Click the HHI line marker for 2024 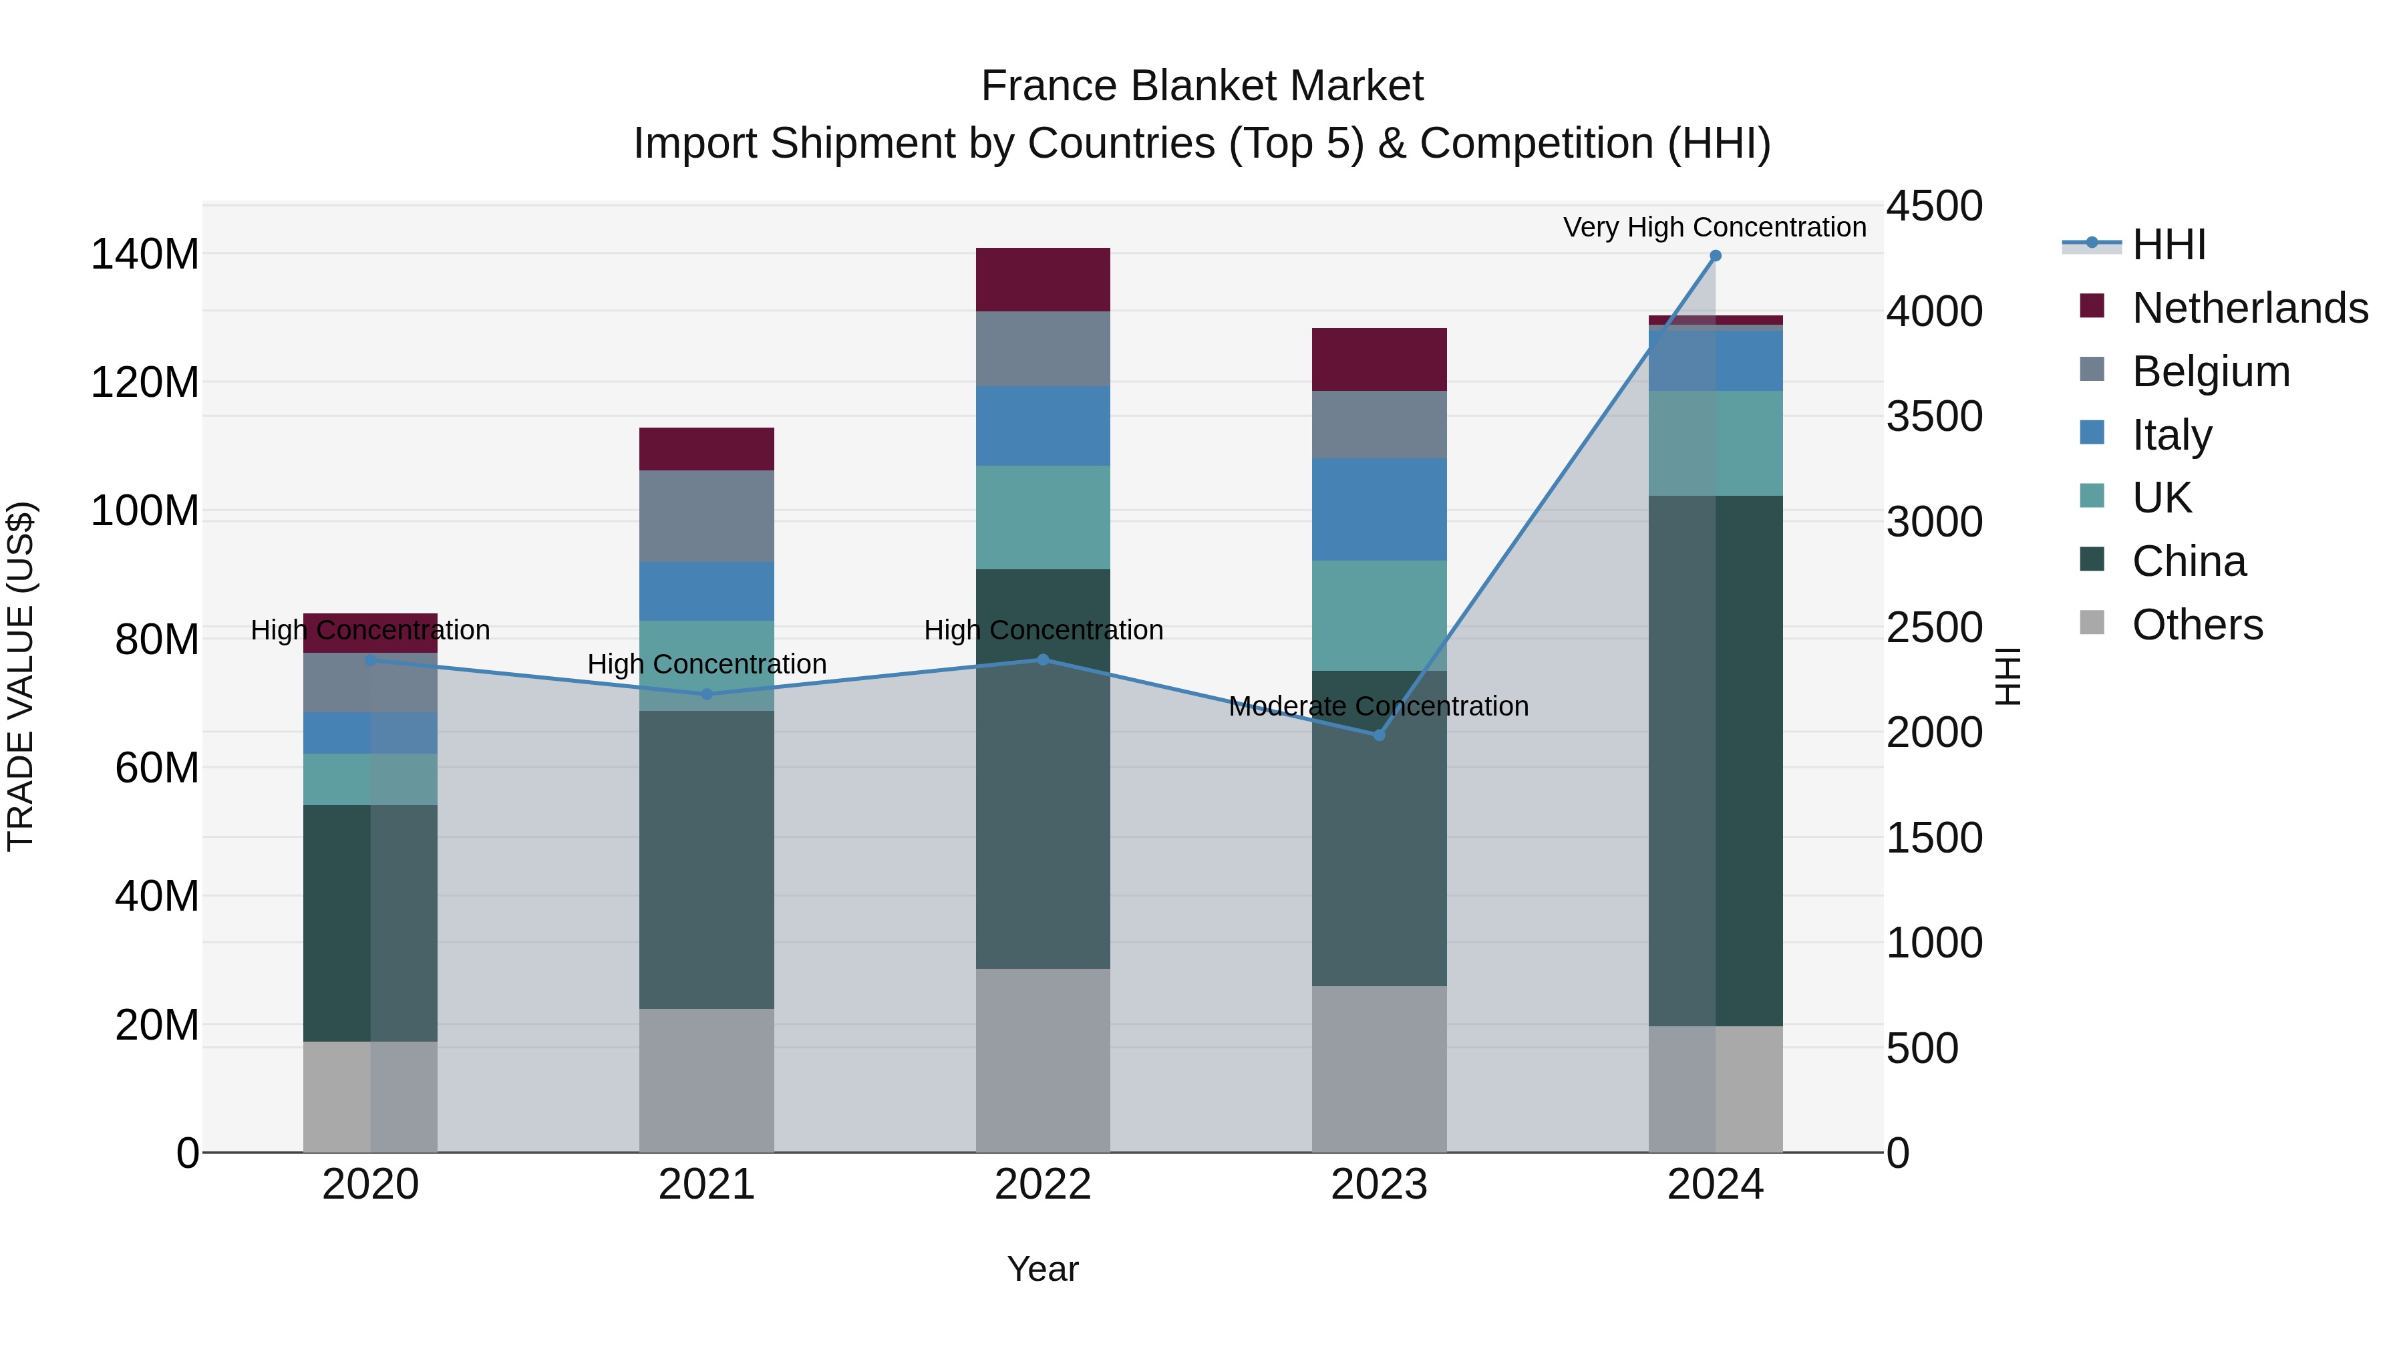(1715, 256)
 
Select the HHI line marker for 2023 (1379, 735)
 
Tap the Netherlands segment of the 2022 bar (1043, 279)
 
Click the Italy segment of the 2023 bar (1379, 509)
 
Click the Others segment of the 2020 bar (371, 1096)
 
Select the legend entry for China (2189, 561)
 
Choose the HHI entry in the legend (2169, 245)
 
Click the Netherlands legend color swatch (2092, 306)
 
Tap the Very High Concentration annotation (1714, 227)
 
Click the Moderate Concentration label (1378, 706)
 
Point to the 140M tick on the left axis (145, 254)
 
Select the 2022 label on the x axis (1043, 1185)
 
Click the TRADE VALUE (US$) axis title (21, 676)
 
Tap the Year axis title (1043, 1269)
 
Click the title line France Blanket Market (1202, 86)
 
